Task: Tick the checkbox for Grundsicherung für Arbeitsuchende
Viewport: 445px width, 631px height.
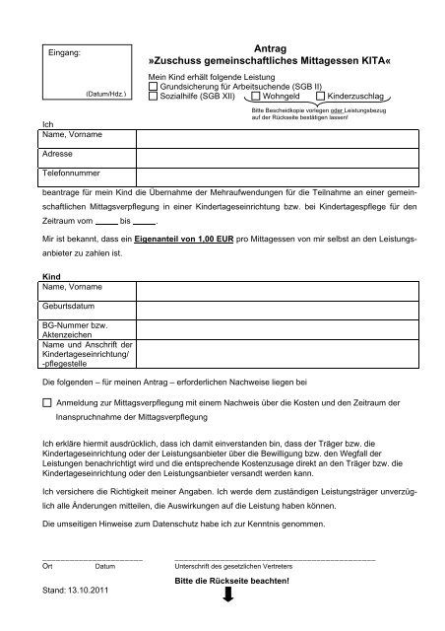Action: [153, 87]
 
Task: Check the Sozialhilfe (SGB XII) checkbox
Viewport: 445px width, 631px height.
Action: [153, 97]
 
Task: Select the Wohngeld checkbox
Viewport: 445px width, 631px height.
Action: [255, 97]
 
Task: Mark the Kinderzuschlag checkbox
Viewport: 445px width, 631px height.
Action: [320, 97]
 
